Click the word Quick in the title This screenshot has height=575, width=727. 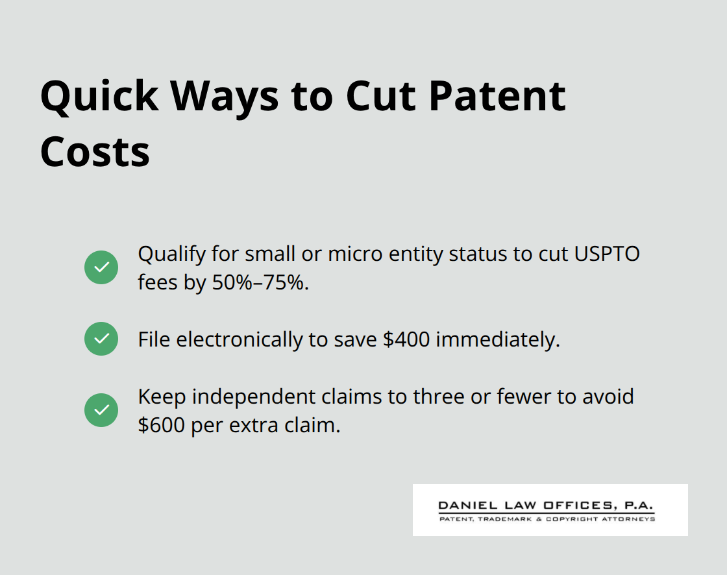(x=99, y=96)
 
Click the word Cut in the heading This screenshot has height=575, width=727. (x=377, y=96)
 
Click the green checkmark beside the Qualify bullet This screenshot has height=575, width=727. (x=101, y=267)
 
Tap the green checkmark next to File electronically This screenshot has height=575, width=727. (x=101, y=339)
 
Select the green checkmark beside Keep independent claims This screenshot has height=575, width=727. (x=101, y=410)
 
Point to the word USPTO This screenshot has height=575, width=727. (x=607, y=254)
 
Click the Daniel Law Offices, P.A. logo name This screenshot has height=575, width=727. (x=546, y=505)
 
